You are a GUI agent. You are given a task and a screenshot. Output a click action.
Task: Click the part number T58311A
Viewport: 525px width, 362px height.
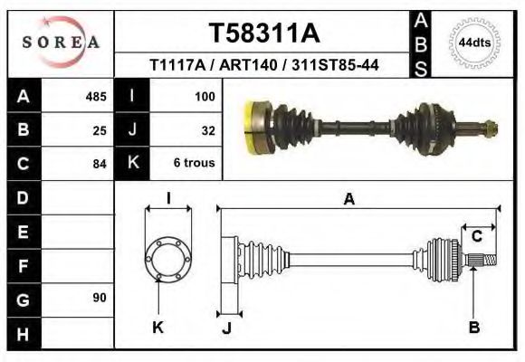tap(264, 33)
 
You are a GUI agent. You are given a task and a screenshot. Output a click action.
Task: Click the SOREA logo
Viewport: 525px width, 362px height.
tap(61, 42)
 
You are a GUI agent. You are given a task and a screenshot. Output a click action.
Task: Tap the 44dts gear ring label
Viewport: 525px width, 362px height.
tap(475, 43)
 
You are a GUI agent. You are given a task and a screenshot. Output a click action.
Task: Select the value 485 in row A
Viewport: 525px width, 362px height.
tap(95, 96)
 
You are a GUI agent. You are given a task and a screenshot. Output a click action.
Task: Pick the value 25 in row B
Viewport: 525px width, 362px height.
tap(100, 129)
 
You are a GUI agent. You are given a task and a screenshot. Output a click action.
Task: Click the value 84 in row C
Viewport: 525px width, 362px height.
tap(100, 164)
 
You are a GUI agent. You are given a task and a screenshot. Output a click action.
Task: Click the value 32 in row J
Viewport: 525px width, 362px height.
tap(207, 129)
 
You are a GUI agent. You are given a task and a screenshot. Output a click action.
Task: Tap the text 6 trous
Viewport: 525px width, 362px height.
tap(194, 164)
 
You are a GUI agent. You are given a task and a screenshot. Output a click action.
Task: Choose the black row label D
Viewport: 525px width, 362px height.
tap(23, 196)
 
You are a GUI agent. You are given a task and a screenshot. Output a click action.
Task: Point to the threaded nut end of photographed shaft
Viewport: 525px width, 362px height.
tap(490, 128)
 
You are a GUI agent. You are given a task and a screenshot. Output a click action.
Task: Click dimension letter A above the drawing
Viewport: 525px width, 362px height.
tap(348, 201)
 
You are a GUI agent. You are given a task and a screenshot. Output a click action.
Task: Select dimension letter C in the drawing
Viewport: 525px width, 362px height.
tap(476, 237)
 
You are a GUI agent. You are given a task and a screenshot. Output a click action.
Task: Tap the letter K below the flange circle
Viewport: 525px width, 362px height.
tap(157, 328)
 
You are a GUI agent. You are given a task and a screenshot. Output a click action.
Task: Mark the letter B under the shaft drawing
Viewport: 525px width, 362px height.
tap(473, 328)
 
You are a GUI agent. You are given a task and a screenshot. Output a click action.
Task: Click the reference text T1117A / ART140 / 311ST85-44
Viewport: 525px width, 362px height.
tap(264, 65)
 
